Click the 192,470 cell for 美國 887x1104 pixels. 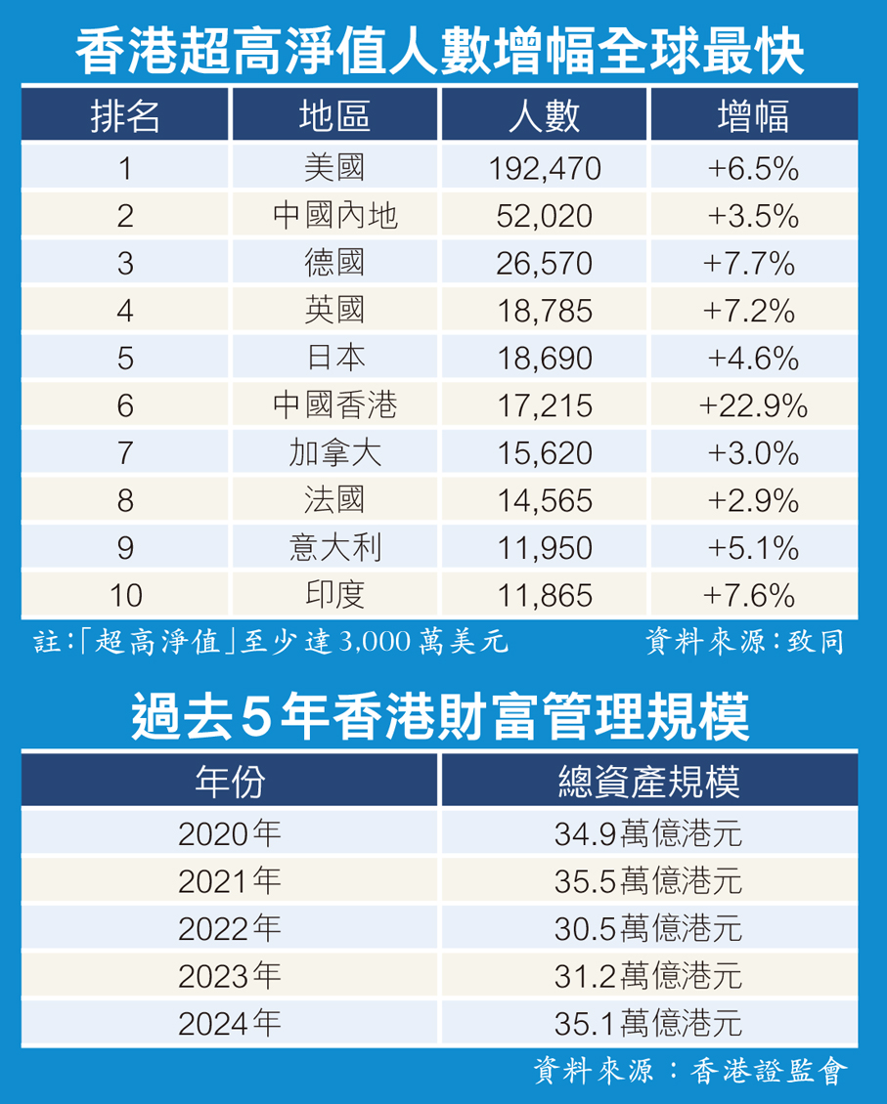tap(544, 168)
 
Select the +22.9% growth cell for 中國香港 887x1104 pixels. tap(753, 405)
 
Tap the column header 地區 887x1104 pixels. tap(334, 115)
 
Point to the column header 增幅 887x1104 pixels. tap(753, 115)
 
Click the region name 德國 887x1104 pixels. tap(334, 263)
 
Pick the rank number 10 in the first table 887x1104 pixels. tap(125, 595)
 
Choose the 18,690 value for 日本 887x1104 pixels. tap(544, 358)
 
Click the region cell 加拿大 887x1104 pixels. tap(334, 453)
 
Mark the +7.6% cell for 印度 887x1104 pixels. tap(753, 595)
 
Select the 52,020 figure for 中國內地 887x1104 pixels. tap(544, 216)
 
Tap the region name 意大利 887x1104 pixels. tap(334, 547)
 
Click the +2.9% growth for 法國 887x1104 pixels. tap(753, 500)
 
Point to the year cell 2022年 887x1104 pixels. tap(230, 927)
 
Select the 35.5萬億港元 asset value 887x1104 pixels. tap(648, 880)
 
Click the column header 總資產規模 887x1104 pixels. tap(648, 782)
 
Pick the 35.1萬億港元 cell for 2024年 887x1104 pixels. tap(648, 1022)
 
